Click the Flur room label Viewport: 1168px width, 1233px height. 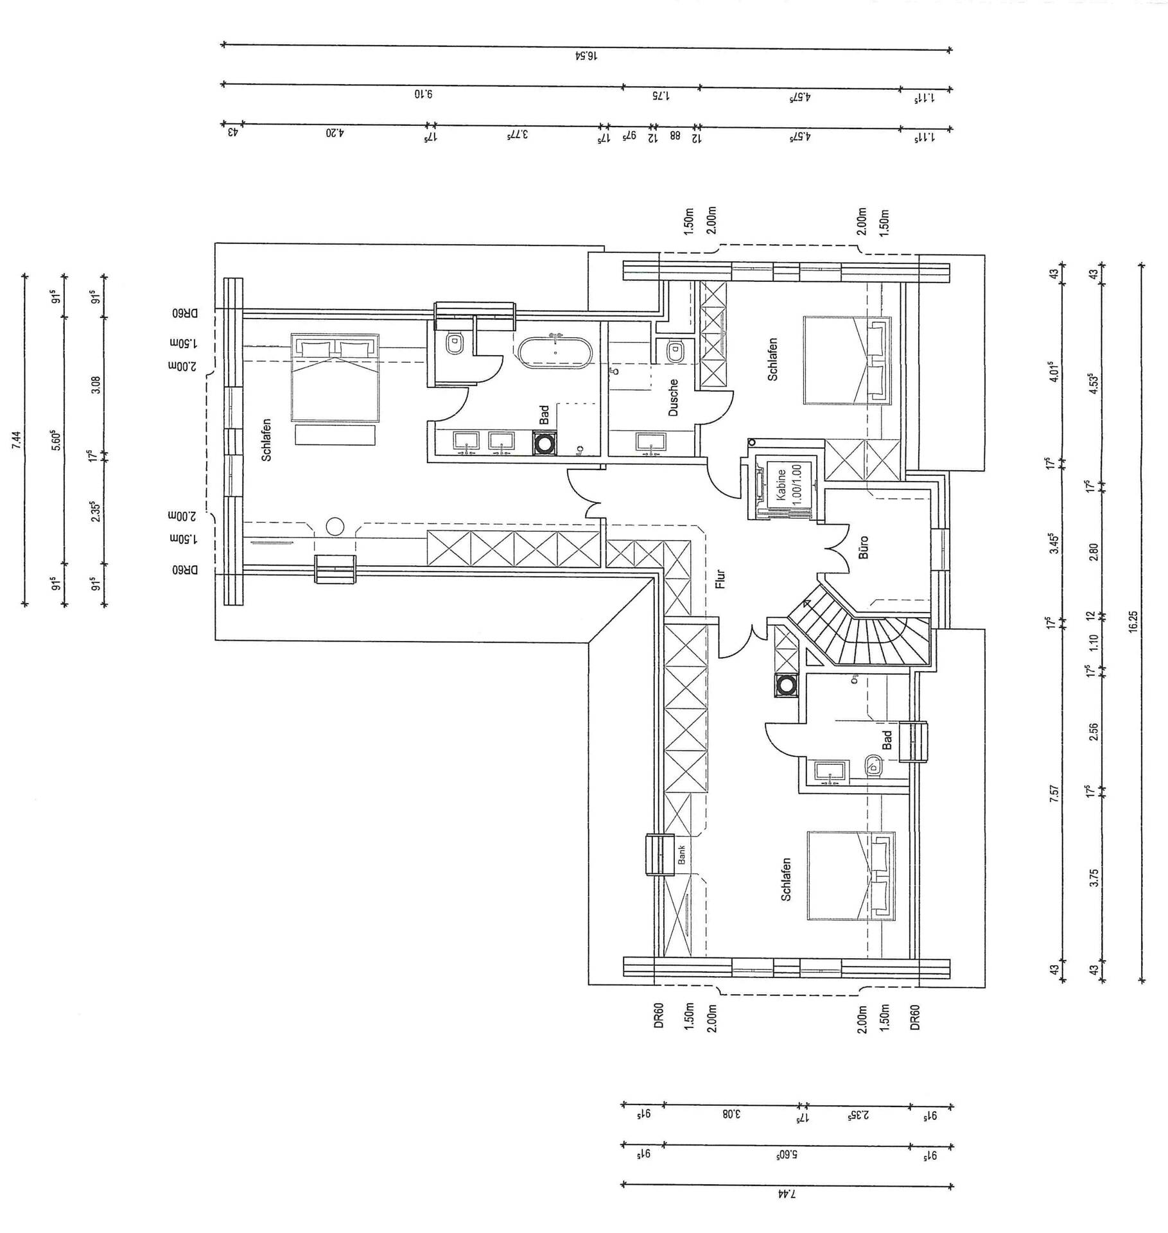(x=720, y=580)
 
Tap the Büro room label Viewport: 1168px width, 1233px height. (x=864, y=547)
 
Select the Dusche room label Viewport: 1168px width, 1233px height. (x=673, y=398)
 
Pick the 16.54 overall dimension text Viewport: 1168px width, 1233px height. (x=586, y=56)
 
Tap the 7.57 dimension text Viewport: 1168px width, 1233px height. (x=1054, y=793)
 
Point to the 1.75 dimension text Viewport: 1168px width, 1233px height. (x=661, y=96)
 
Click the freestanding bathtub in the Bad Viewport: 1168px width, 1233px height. (x=554, y=353)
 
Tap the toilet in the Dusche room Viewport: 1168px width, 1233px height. (x=675, y=351)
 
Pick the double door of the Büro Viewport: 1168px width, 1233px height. (x=835, y=549)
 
